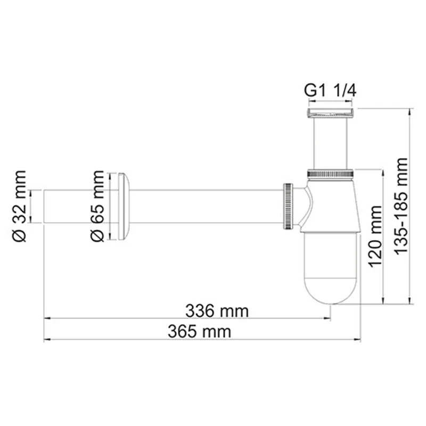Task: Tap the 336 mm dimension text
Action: pos(217,309)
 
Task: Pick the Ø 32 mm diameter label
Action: pos(19,206)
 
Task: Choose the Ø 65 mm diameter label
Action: pos(97,206)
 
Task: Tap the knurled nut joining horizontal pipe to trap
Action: pos(288,205)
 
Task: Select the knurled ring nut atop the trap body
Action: pos(330,174)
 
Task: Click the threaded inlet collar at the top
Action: pos(330,112)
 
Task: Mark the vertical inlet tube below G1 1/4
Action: pos(330,143)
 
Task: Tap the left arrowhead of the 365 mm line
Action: pos(46,339)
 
